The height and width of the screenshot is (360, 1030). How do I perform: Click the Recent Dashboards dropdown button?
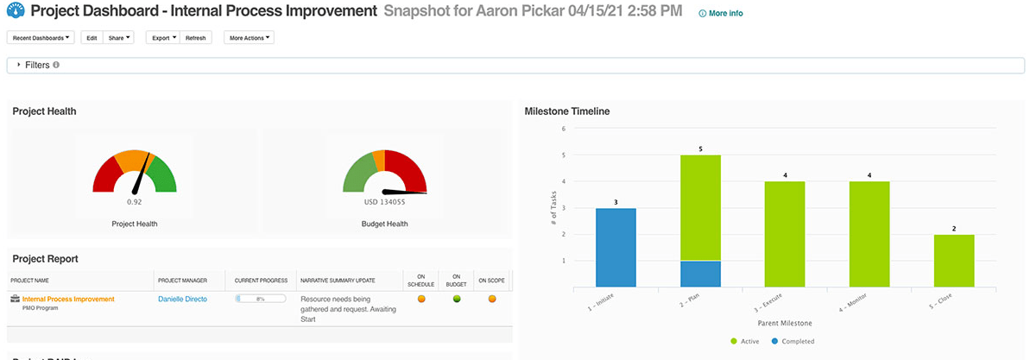tap(41, 38)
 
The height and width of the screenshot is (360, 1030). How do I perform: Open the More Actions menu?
tap(249, 38)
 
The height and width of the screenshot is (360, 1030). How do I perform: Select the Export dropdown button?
tap(162, 38)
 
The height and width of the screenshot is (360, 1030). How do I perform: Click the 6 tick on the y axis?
tap(563, 129)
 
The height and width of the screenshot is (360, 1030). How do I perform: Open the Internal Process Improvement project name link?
tap(74, 299)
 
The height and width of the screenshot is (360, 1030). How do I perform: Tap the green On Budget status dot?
tap(457, 299)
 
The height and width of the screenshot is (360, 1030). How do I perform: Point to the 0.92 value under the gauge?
tap(134, 201)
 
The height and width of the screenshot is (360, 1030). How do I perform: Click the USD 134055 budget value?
tap(384, 202)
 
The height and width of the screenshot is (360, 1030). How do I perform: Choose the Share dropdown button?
tap(119, 38)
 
